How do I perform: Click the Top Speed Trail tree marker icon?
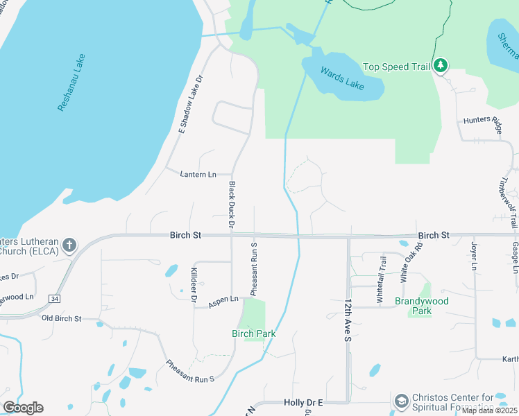click(440, 66)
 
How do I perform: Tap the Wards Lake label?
click(341, 77)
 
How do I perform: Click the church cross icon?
click(69, 245)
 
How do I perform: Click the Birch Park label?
click(253, 333)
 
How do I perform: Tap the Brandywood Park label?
click(422, 306)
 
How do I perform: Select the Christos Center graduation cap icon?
click(401, 401)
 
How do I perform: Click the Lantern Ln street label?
click(198, 174)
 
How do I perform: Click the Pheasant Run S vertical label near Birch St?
click(254, 268)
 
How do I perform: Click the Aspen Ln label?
click(224, 299)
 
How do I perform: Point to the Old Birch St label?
click(61, 318)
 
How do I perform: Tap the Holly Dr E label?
click(304, 402)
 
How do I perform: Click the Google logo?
click(23, 407)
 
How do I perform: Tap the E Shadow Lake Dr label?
click(192, 105)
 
